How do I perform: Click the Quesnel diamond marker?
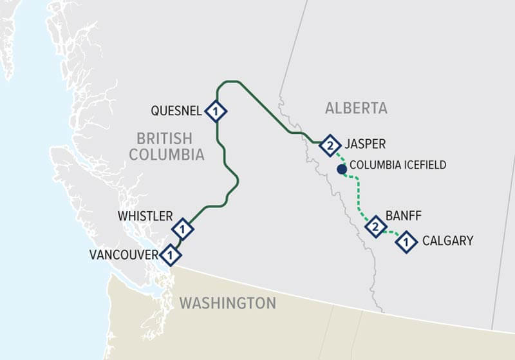216,111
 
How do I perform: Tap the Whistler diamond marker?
183,229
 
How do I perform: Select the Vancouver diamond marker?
170,255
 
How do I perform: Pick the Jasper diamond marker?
330,145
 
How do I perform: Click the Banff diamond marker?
375,227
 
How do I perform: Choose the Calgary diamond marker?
406,242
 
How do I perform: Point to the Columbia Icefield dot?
342,169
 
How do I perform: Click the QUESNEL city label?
176,111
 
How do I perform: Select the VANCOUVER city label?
123,255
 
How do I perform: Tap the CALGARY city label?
447,241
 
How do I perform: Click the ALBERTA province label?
356,108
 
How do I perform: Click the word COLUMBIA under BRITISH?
166,155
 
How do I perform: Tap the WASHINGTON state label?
227,303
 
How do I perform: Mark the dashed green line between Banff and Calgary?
391,234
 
